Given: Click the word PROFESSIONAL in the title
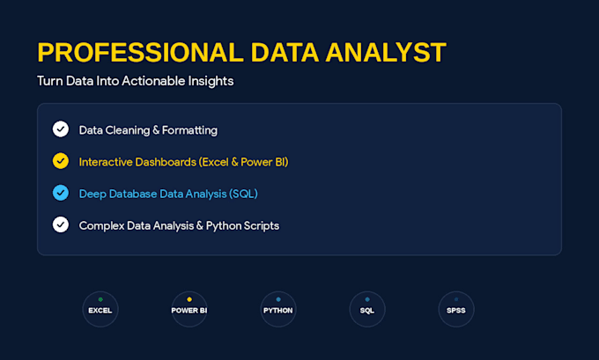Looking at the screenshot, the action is coord(140,52).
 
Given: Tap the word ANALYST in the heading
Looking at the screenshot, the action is coord(386,52).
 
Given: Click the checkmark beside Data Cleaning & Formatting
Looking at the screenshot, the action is coord(61,129).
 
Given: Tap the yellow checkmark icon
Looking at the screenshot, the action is coord(61,161).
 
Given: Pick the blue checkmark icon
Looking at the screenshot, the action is coord(61,193).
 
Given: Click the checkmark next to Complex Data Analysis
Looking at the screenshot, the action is coord(61,224).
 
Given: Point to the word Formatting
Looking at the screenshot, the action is coord(190,130).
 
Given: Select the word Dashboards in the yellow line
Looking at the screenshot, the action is coord(166,162).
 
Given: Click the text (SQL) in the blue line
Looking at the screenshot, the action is coord(243,194).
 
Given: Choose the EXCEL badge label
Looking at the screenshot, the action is coord(100,311).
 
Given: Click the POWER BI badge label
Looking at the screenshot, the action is coord(189,311).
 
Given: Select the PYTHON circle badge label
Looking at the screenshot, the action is coord(278,311).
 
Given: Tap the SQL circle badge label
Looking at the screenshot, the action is coord(367,311).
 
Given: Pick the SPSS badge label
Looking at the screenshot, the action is coord(456,311).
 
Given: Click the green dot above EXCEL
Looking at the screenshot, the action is coord(100,299).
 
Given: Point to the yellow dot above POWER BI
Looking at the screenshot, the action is coord(189,299).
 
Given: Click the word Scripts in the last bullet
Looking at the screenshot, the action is coord(262,226).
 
